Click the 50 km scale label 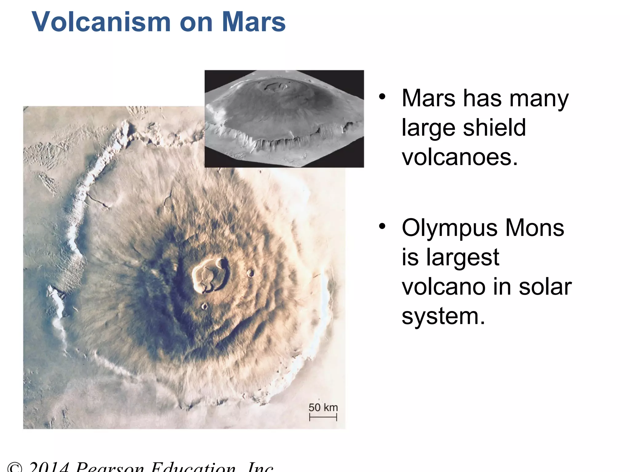[323, 407]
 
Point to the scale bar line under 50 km [323, 417]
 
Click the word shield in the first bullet [494, 128]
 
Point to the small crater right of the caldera [251, 273]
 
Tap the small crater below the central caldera [204, 306]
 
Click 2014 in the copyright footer [49, 467]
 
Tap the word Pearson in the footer [110, 467]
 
